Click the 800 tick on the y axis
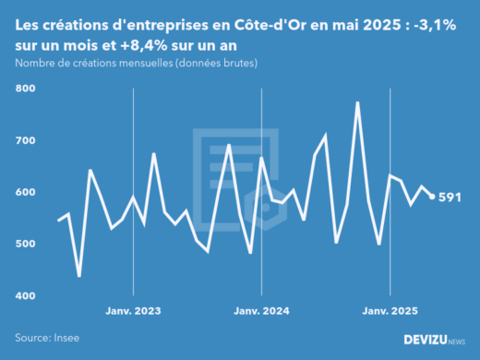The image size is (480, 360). (x=24, y=89)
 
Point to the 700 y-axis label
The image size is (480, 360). (x=24, y=140)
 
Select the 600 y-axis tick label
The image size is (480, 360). (x=24, y=192)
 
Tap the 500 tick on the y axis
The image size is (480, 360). (x=24, y=244)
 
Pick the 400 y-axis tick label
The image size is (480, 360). (x=24, y=295)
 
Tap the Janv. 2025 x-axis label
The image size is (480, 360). (x=390, y=311)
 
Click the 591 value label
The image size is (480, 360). (x=450, y=197)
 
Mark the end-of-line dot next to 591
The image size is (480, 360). (x=432, y=196)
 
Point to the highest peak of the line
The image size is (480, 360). (x=357, y=102)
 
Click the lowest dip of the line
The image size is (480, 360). (x=79, y=275)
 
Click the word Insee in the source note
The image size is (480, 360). (x=67, y=339)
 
